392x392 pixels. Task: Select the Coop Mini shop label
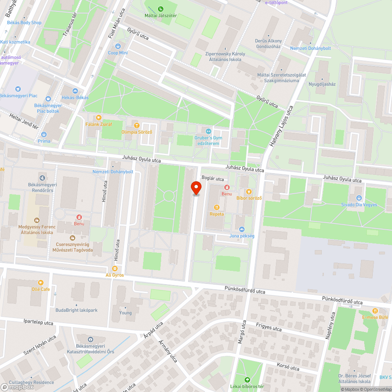pos(118,53)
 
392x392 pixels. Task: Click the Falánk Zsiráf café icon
pos(99,117)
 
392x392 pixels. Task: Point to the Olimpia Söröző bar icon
pos(136,125)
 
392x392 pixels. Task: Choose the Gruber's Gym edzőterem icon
pos(209,131)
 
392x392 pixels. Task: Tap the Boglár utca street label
pos(212,178)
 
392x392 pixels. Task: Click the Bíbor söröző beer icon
pos(249,191)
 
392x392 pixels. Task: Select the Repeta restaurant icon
pos(216,207)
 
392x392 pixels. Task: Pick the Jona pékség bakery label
pos(242,236)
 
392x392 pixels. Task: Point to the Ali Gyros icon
pos(114,269)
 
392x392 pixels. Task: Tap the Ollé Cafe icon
pos(41,282)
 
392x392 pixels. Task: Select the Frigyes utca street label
pos(269,327)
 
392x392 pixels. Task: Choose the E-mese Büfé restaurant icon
pos(375,310)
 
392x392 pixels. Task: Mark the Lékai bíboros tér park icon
pos(247,380)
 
